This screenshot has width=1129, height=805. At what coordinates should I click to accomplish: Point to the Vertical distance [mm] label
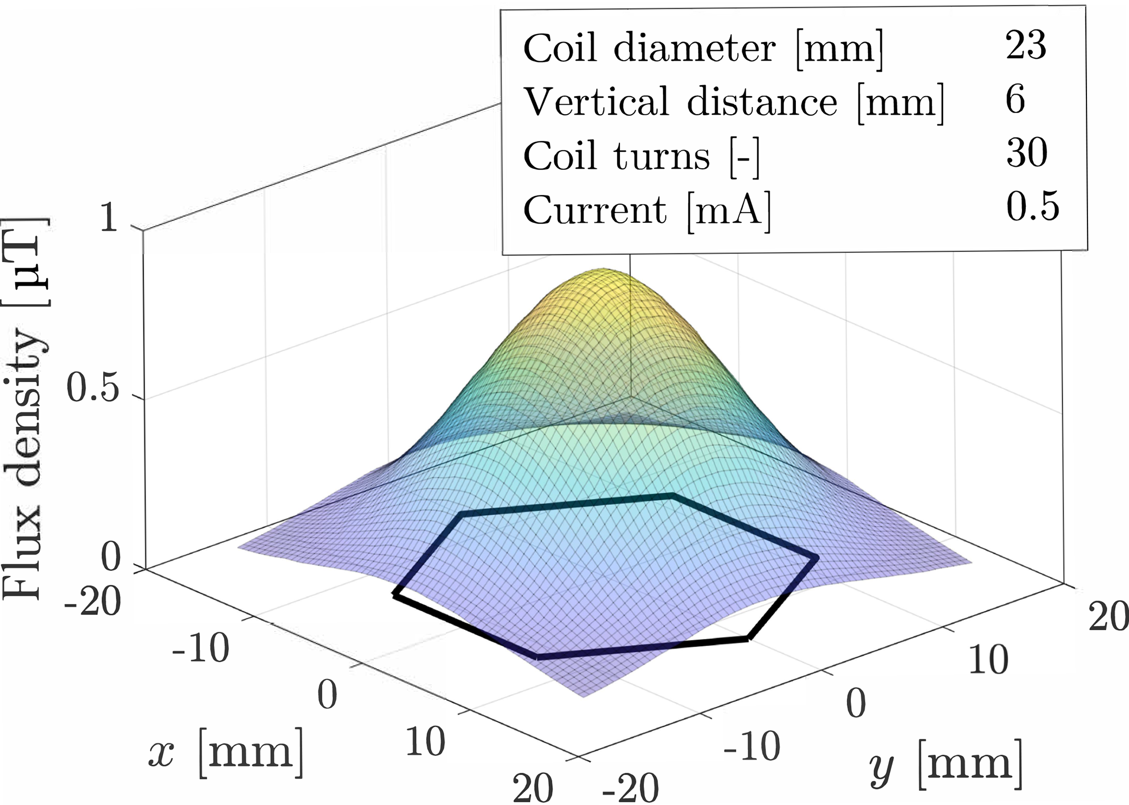point(734,102)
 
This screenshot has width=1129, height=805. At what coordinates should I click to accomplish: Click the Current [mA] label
point(647,210)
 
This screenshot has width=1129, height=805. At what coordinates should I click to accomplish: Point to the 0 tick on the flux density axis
point(111,558)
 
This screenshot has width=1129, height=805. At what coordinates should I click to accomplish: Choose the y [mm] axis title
point(945,765)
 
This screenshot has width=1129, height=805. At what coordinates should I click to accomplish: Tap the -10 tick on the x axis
point(201,650)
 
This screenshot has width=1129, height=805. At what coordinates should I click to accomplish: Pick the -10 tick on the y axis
point(752,746)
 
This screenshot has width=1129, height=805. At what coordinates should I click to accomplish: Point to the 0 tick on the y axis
point(856,703)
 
